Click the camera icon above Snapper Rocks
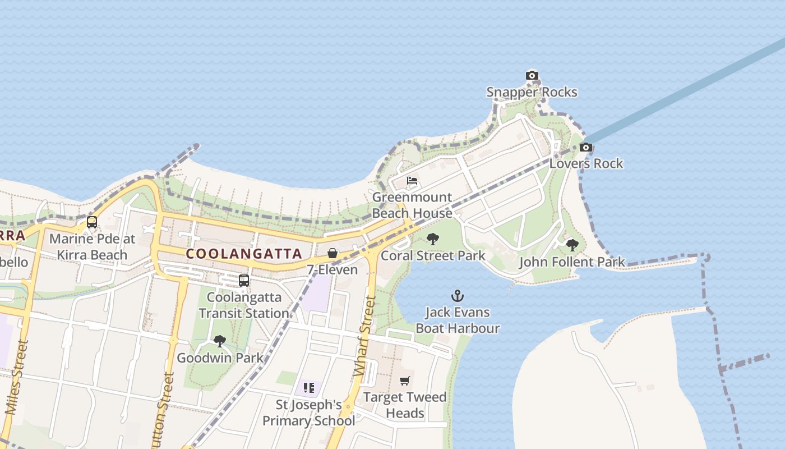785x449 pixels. [x=532, y=76]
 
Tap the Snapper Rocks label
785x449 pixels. [x=532, y=92]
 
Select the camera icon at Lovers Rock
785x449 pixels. [x=585, y=148]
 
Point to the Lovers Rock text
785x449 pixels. [x=586, y=163]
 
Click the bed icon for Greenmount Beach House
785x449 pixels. [x=412, y=181]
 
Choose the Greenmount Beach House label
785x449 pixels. [x=412, y=205]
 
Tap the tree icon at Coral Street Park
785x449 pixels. [x=432, y=240]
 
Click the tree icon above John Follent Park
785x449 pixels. [x=572, y=245]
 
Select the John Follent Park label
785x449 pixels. [x=572, y=262]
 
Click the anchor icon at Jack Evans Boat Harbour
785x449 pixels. [x=458, y=296]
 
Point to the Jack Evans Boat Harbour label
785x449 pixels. [x=458, y=320]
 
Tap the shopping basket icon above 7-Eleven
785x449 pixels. [x=333, y=254]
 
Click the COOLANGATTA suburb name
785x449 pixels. [x=244, y=254]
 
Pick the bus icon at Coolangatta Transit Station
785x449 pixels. [x=243, y=281]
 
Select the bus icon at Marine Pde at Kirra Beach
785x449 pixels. [x=92, y=222]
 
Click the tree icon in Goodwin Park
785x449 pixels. [x=219, y=341]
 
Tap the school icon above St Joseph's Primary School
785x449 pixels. [x=308, y=388]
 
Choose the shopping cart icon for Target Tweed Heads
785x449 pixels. [x=405, y=381]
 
